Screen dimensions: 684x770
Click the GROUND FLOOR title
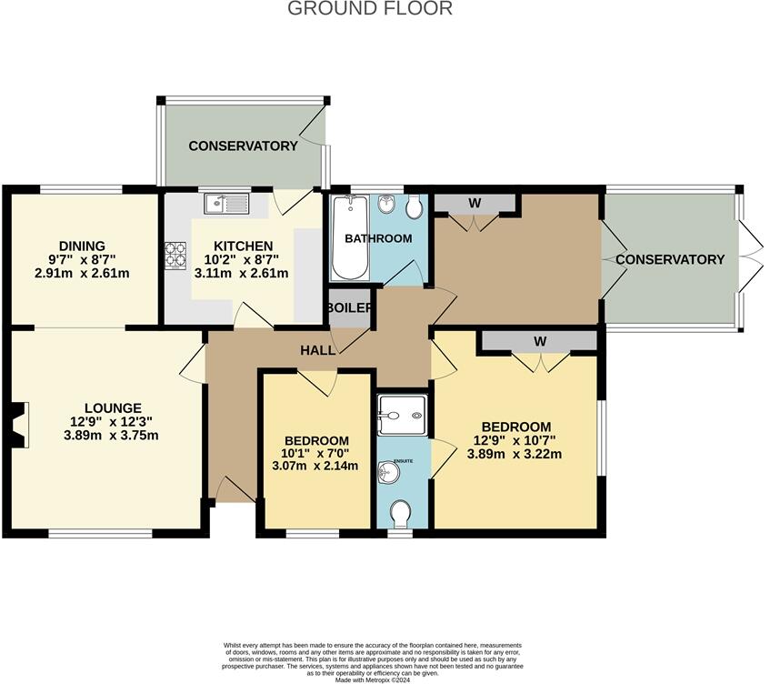(x=370, y=9)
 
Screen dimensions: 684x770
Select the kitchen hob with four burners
(x=175, y=254)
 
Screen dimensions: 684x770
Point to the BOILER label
(x=350, y=308)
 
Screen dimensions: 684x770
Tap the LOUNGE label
(x=114, y=407)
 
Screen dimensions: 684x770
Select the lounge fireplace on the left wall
(x=17, y=426)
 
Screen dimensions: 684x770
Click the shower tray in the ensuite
(x=400, y=416)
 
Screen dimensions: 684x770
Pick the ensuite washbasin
(x=390, y=473)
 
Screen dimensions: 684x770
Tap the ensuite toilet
(x=399, y=515)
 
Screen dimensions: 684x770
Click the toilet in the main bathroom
(x=415, y=208)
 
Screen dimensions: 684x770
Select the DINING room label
(x=83, y=246)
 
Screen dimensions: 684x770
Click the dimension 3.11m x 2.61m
(x=243, y=273)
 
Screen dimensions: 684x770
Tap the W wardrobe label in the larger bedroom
(x=539, y=341)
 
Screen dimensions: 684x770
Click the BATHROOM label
(x=378, y=238)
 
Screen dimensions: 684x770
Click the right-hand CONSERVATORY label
(x=670, y=259)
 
